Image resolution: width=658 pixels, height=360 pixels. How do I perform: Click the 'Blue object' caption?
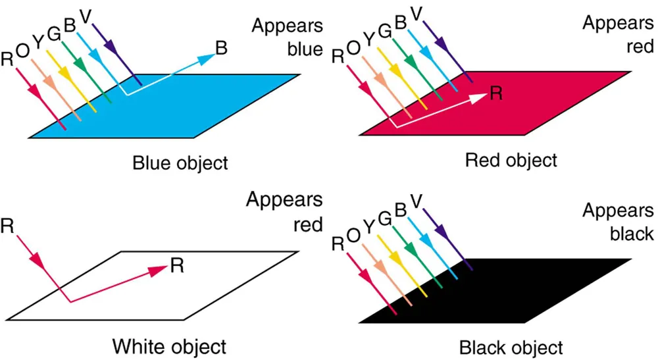click(x=180, y=162)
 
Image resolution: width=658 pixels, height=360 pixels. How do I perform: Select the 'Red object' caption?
click(x=511, y=159)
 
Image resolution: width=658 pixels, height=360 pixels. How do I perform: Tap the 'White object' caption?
click(x=169, y=346)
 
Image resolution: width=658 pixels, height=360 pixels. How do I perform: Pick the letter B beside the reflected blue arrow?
click(x=223, y=48)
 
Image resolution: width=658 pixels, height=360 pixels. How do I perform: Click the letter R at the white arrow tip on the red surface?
click(x=496, y=93)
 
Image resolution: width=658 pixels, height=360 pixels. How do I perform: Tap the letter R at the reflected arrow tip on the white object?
click(x=176, y=265)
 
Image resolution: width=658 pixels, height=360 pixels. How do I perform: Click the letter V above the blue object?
click(x=85, y=14)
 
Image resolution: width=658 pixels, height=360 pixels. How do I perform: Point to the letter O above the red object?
click(x=353, y=48)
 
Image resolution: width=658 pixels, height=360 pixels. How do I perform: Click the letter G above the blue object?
click(x=55, y=32)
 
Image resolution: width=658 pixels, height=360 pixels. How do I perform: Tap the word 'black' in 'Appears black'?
click(x=631, y=233)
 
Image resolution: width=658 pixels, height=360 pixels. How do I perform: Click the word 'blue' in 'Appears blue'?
click(x=304, y=49)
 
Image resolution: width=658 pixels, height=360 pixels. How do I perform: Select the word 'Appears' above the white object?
click(x=284, y=200)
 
